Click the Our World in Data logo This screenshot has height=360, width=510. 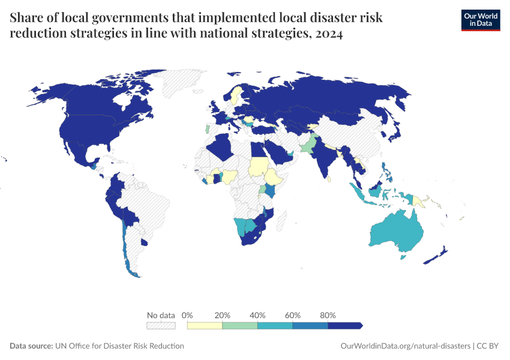pos(480,20)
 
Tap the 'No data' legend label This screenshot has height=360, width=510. pos(161,315)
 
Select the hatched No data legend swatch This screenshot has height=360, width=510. pos(161,325)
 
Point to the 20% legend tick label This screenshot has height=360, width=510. pos(223,315)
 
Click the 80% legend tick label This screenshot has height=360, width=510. pos(328,315)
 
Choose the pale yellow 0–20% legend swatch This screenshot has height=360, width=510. pos(205,325)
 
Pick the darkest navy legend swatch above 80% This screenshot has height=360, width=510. pos(344,325)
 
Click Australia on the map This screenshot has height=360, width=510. pos(396,231)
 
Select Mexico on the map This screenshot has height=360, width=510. pos(78,153)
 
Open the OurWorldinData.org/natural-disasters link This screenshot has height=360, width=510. pos(405,346)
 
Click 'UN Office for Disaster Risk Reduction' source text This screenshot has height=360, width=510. pos(119,346)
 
